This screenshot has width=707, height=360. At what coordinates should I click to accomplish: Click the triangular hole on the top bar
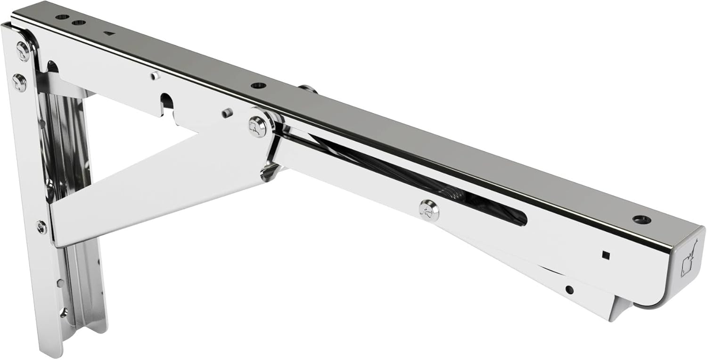click(x=109, y=33)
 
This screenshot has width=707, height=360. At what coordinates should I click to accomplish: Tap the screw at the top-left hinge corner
click(x=22, y=51)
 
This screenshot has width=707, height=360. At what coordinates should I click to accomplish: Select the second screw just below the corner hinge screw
click(x=19, y=83)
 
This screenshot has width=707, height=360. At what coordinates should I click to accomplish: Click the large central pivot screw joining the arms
click(x=258, y=127)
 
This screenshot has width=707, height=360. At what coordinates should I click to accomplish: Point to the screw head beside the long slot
click(x=429, y=211)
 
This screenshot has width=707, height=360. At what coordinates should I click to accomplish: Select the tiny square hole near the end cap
click(x=605, y=255)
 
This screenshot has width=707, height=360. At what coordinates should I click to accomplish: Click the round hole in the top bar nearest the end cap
click(x=641, y=220)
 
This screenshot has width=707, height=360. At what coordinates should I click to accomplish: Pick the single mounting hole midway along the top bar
click(x=258, y=85)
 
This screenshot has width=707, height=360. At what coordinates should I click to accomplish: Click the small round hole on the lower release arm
click(x=569, y=289)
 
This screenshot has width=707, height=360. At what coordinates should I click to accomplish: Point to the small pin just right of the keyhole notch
click(x=227, y=113)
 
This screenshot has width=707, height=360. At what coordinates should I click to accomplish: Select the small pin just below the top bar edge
click(x=155, y=75)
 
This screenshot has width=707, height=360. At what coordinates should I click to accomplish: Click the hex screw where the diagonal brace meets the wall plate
click(x=41, y=227)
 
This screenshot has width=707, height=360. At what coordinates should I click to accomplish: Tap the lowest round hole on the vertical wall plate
click(x=63, y=311)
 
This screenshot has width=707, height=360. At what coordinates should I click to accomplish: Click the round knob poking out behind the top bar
click(x=307, y=89)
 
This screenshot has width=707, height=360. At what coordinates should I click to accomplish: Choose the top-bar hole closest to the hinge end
click(x=62, y=16)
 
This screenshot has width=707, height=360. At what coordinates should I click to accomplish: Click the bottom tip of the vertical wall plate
click(x=49, y=351)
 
